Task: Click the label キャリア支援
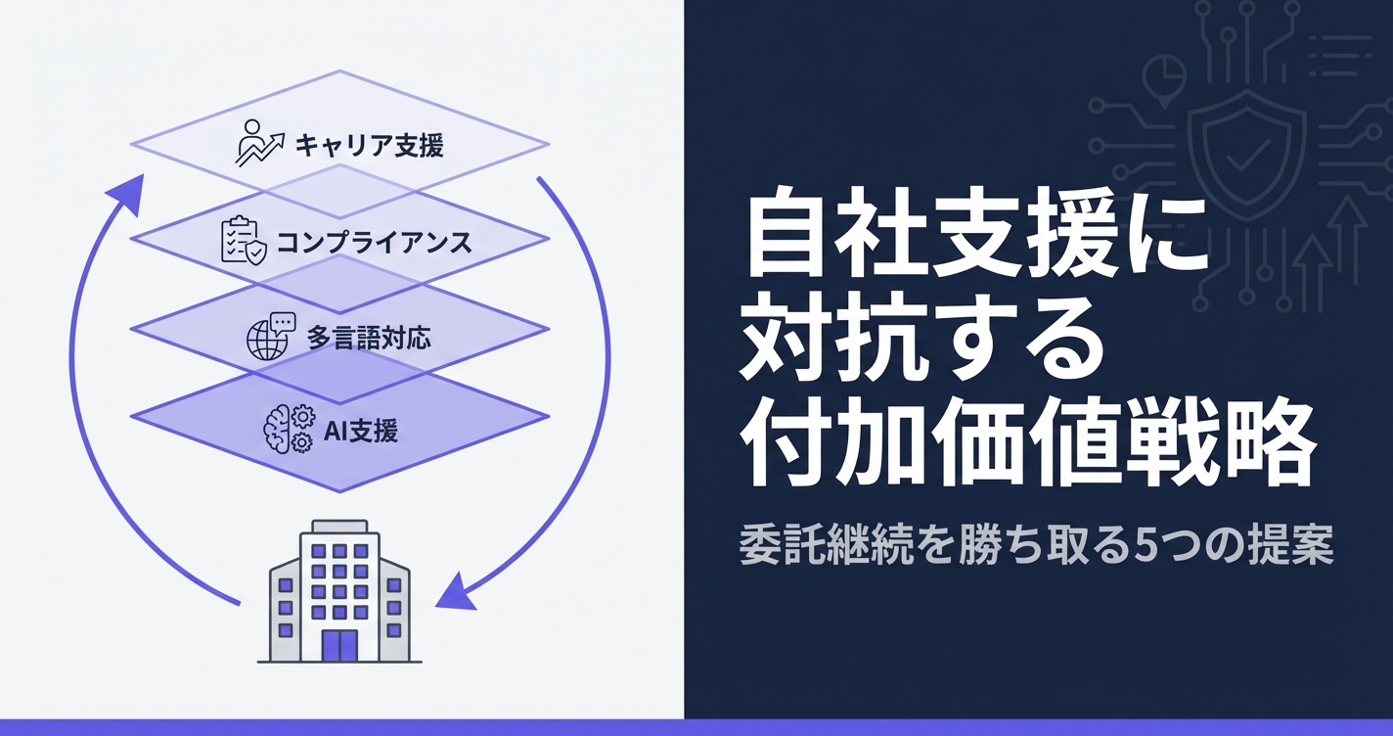369,147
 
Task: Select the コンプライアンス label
374,242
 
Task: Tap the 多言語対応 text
368,339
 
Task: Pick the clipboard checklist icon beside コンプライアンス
241,241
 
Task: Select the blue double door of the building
339,644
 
